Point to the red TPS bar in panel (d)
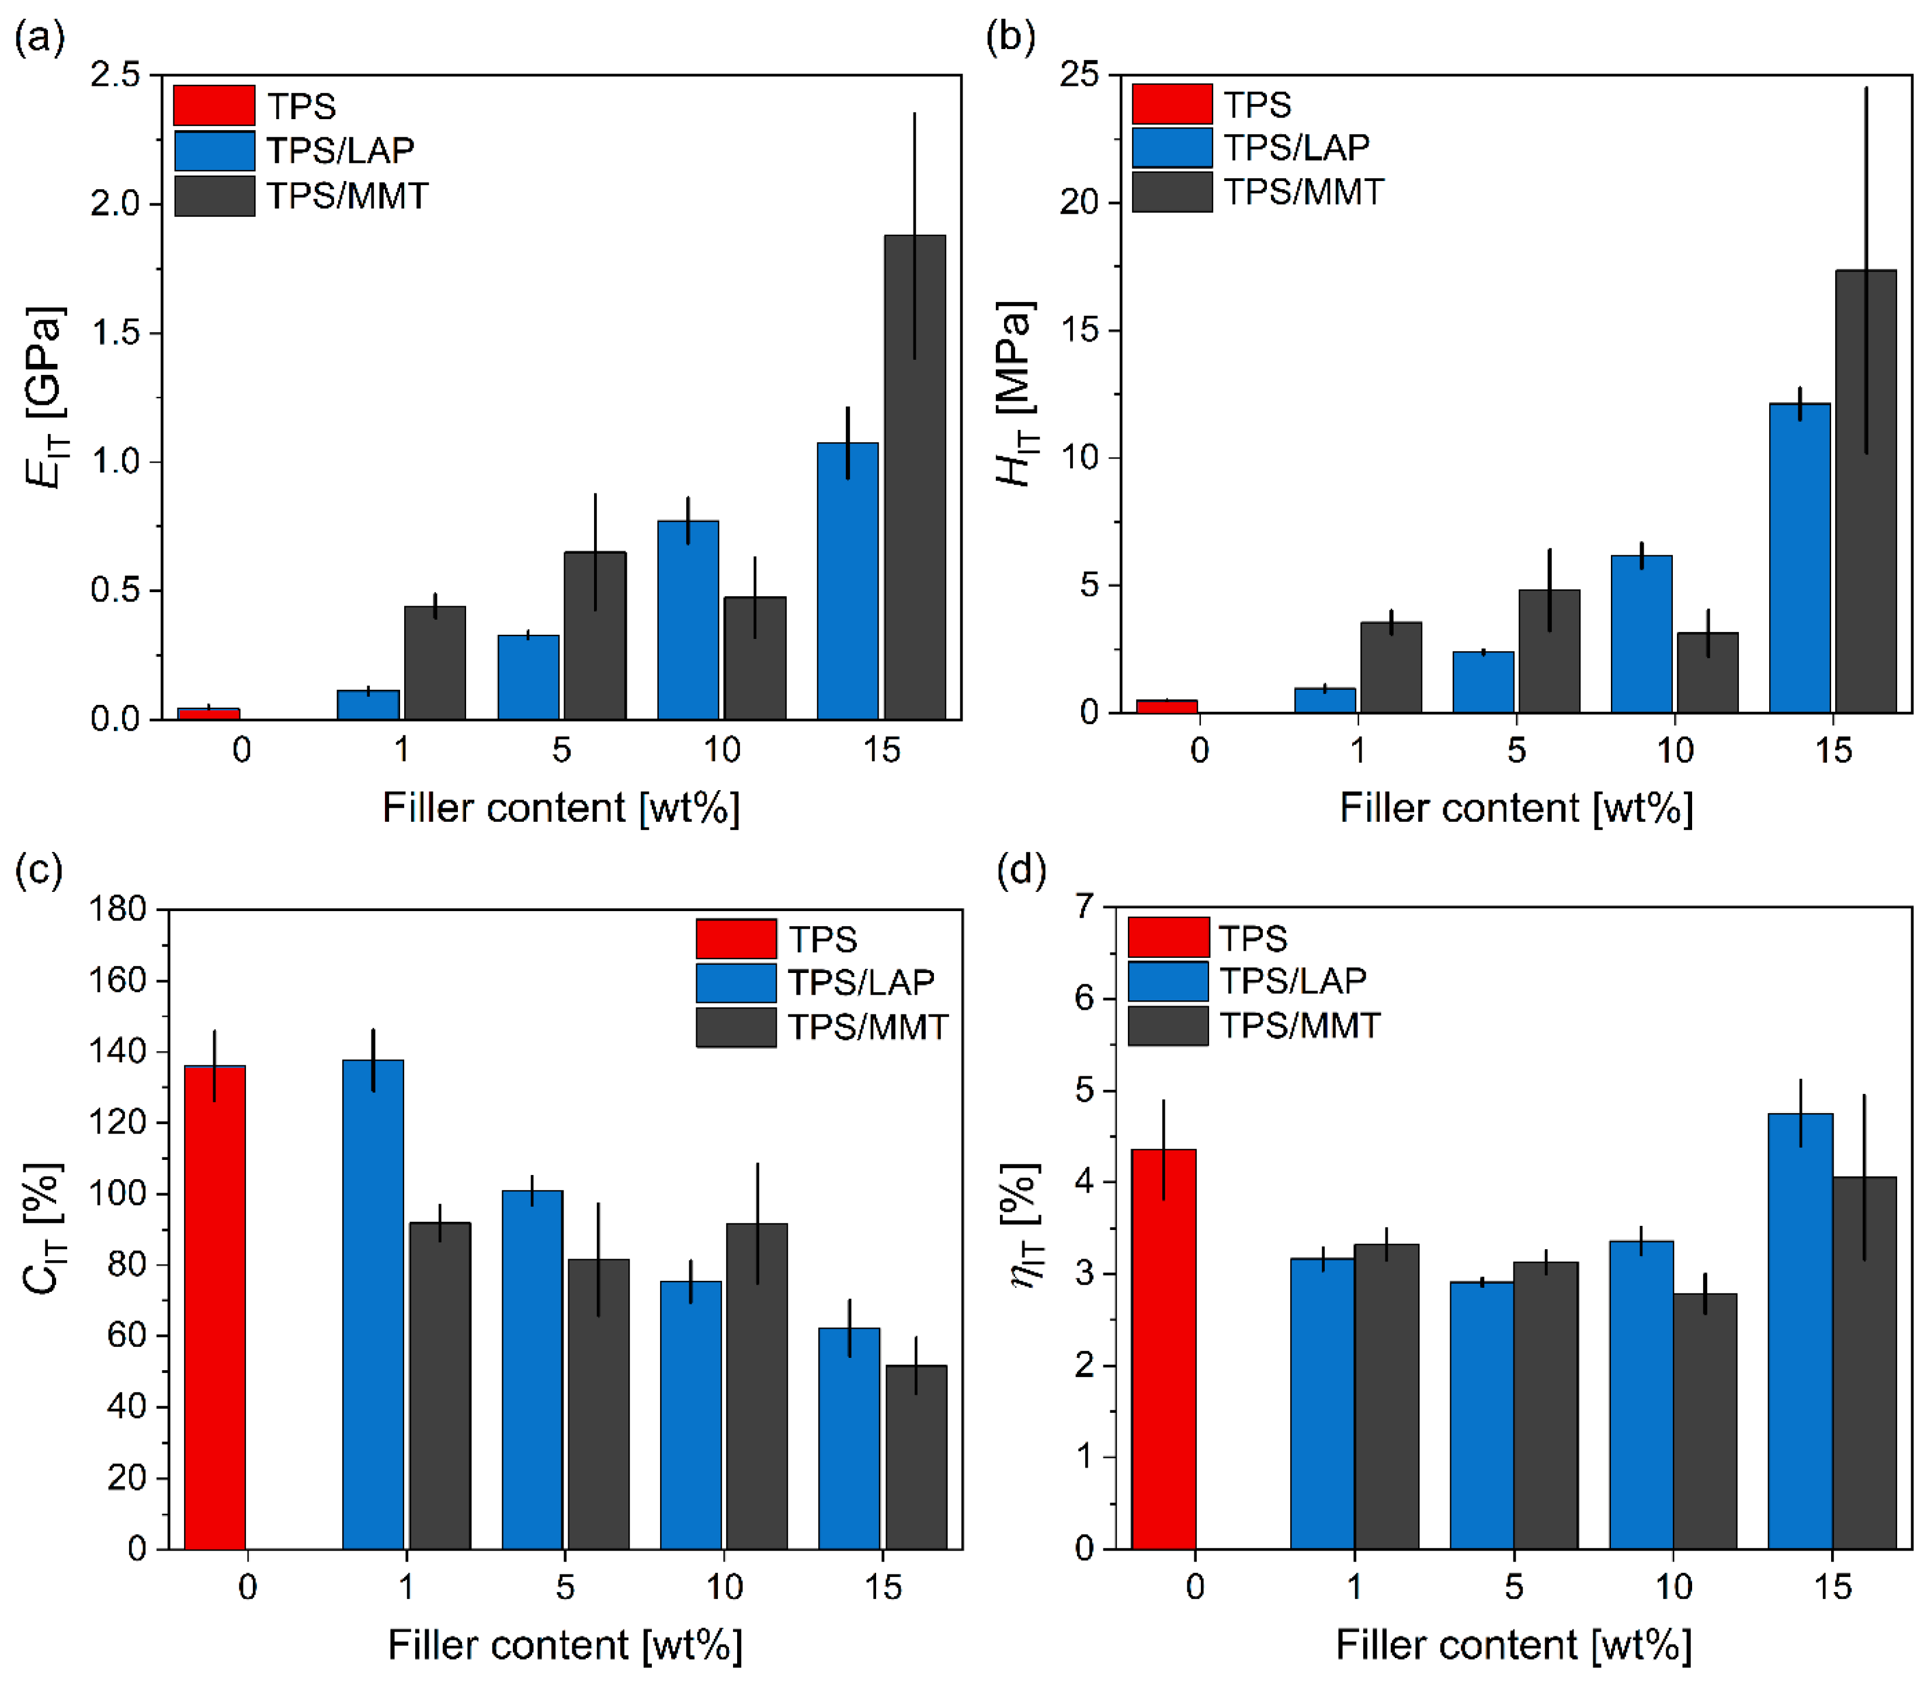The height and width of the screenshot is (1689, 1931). [1164, 1348]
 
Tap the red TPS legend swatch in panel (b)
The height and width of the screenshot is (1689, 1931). [1172, 104]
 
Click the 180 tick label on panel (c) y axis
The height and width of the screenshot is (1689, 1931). [118, 909]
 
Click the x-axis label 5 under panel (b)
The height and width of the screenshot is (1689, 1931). [1515, 750]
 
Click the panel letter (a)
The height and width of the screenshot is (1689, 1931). [40, 38]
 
